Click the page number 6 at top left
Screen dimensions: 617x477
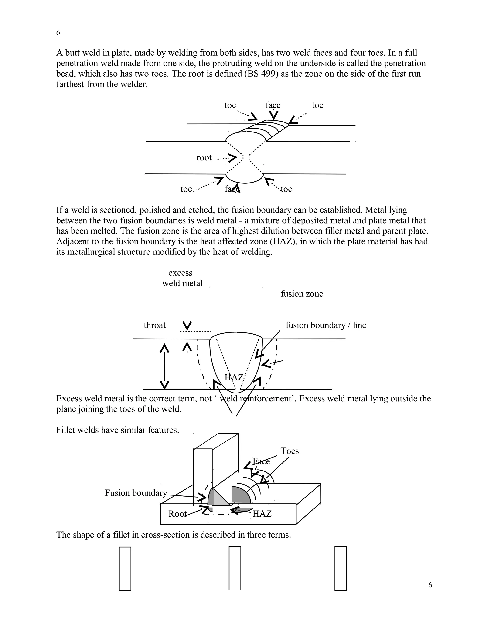[58, 33]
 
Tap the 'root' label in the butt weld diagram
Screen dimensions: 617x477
[204, 158]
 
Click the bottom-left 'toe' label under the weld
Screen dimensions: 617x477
[186, 189]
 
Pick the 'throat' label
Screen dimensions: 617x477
[155, 325]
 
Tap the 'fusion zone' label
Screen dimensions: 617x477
[302, 294]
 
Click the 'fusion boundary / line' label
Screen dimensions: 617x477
[326, 325]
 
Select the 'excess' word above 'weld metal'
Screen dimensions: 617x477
[180, 273]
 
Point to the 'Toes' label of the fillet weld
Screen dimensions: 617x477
[290, 451]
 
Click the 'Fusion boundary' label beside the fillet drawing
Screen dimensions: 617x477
[136, 493]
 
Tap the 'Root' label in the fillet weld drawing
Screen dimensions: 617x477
[177, 514]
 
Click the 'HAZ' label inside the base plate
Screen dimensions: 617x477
[262, 514]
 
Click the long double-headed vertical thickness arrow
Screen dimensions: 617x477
[164, 367]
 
